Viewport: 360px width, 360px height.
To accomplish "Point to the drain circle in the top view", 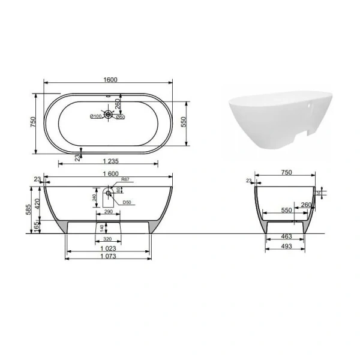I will tap(109, 113).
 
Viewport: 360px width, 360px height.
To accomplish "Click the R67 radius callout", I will tap(125, 179).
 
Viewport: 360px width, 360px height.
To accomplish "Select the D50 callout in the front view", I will tap(127, 202).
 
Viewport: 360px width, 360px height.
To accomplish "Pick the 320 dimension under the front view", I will tap(109, 238).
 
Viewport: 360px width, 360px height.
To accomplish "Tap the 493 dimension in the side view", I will tap(286, 247).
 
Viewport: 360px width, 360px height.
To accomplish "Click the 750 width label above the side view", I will tap(286, 173).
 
